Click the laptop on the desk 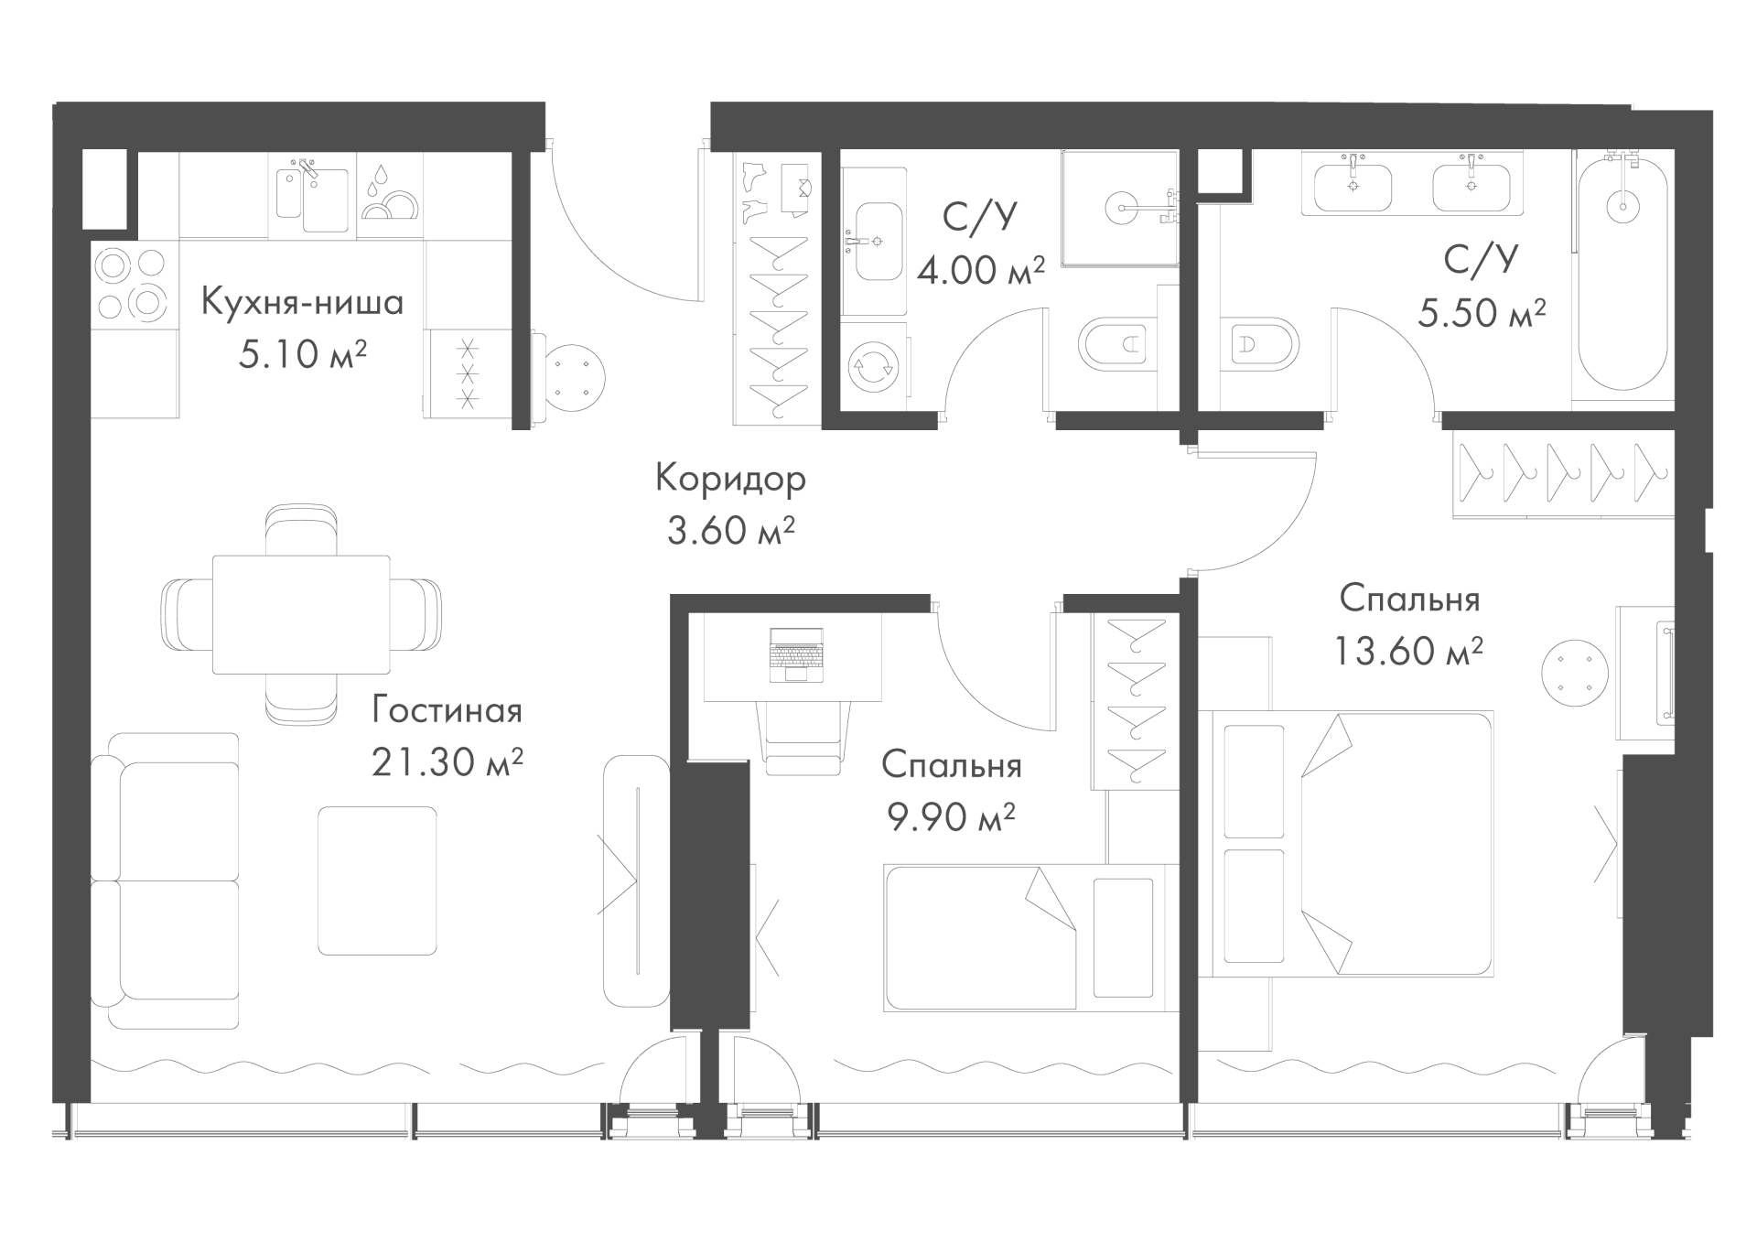(796, 654)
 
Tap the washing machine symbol (873, 365)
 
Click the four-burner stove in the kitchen (133, 284)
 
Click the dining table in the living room (301, 614)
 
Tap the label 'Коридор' (730, 479)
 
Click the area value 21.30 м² (447, 762)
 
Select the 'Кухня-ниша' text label (302, 301)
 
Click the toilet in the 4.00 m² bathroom (1116, 345)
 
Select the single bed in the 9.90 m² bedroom (1030, 937)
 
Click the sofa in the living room (166, 880)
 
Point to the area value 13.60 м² (1408, 651)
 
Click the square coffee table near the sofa (377, 880)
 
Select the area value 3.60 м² (730, 531)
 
